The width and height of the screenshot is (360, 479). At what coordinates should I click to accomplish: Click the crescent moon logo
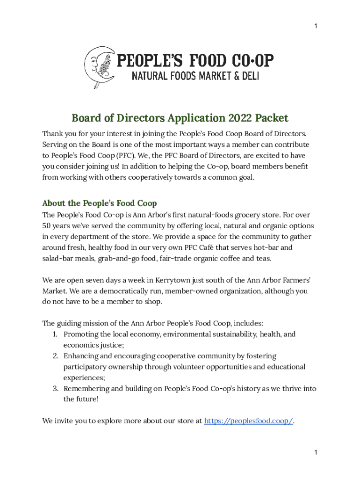[98, 66]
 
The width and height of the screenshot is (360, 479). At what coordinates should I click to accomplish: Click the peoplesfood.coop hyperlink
[248, 421]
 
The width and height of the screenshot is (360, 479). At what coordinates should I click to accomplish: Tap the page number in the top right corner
[316, 26]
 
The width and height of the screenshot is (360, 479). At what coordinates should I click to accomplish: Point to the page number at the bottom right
[316, 452]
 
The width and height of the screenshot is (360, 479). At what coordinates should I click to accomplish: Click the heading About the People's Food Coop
[99, 203]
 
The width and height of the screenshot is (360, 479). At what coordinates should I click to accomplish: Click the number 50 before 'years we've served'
[47, 226]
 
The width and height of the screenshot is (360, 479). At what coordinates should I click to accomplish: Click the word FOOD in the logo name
[207, 61]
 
